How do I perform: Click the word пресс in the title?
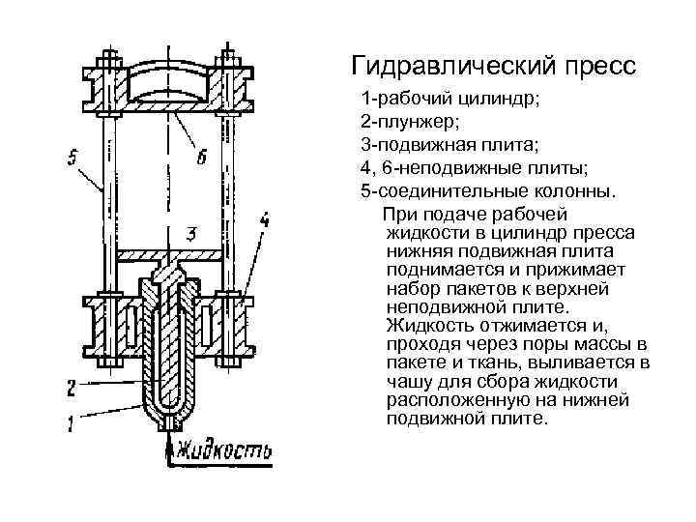point(594,68)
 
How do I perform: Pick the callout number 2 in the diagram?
point(71,388)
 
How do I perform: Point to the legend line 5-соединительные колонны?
point(486,191)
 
